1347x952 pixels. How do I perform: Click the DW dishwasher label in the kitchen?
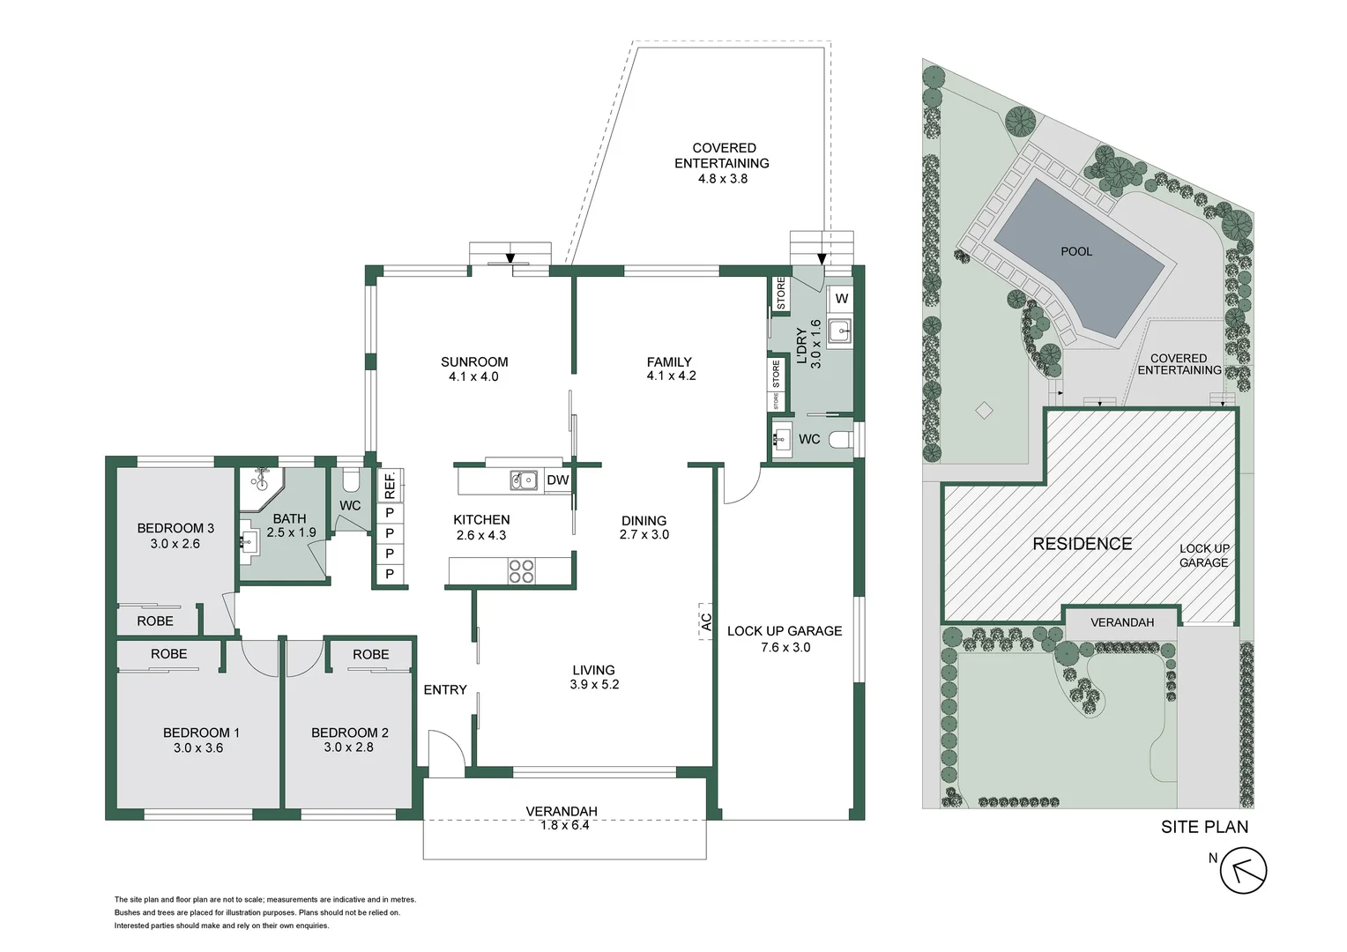pyautogui.click(x=557, y=480)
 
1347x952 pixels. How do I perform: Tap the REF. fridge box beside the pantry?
pyautogui.click(x=389, y=485)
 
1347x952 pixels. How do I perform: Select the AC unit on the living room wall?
pyautogui.click(x=705, y=621)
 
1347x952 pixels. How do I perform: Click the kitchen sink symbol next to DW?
pyautogui.click(x=524, y=480)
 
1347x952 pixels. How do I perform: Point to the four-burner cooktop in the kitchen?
pyautogui.click(x=521, y=572)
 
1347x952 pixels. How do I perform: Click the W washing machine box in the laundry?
pyautogui.click(x=841, y=299)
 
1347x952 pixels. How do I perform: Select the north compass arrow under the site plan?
pyautogui.click(x=1243, y=871)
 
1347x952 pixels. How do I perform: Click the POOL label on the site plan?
pyautogui.click(x=1075, y=252)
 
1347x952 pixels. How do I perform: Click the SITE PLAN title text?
pyautogui.click(x=1204, y=827)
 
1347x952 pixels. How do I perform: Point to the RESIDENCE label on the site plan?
pyautogui.click(x=1082, y=544)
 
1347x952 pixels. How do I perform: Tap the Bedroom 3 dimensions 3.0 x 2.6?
pyautogui.click(x=175, y=544)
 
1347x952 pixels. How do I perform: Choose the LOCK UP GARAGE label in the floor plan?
pyautogui.click(x=784, y=631)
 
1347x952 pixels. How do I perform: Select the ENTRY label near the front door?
pyautogui.click(x=444, y=690)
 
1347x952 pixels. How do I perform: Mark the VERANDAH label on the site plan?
pyautogui.click(x=1121, y=622)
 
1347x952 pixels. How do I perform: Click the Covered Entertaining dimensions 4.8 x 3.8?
pyautogui.click(x=722, y=179)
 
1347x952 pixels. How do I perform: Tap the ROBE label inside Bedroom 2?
pyautogui.click(x=370, y=655)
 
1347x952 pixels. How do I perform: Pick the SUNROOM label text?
pyautogui.click(x=474, y=361)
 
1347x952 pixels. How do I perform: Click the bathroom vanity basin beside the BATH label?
pyautogui.click(x=249, y=540)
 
